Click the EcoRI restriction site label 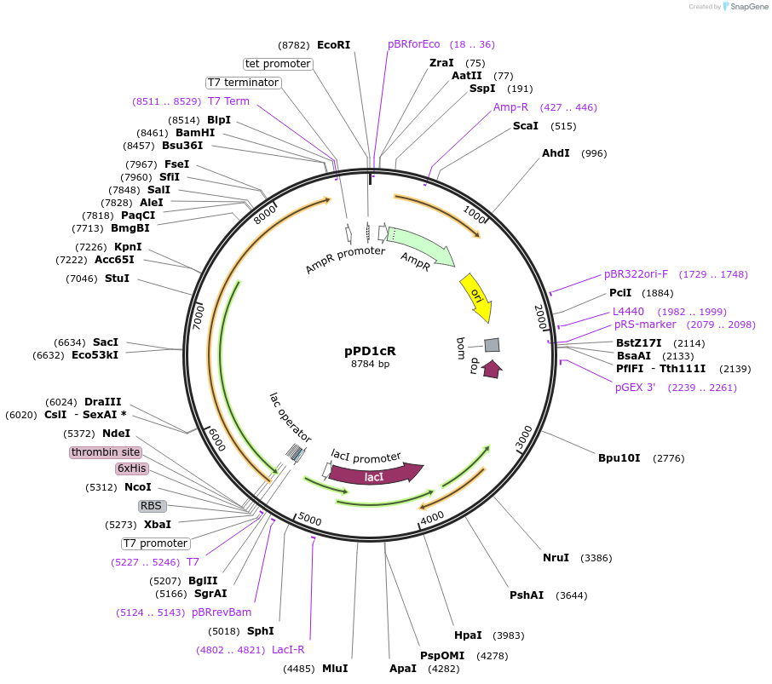[333, 44]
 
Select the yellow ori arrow [476, 297]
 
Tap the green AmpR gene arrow [420, 246]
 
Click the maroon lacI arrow [376, 475]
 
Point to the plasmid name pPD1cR [370, 350]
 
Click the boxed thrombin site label [106, 452]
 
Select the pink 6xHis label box [132, 468]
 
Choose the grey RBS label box [152, 506]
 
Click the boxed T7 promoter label [156, 543]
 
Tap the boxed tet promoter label [278, 64]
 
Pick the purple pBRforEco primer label [414, 44]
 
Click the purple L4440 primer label [628, 312]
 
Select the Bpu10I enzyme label [619, 458]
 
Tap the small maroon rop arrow [492, 368]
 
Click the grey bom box [492, 345]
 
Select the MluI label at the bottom [334, 669]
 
